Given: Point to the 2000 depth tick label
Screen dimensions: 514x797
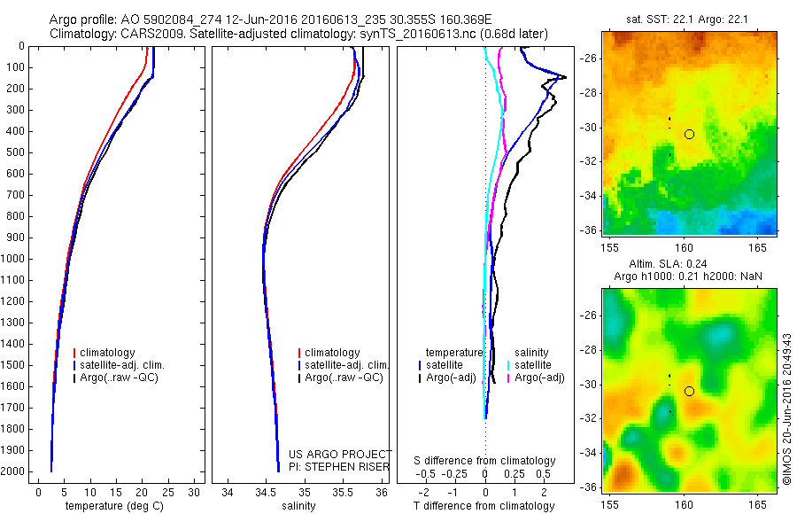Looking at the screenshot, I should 14,471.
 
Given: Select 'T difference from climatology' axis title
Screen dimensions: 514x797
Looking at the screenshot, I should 484,507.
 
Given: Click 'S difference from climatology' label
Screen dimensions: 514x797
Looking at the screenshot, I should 485,461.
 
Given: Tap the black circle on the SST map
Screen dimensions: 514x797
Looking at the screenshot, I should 689,134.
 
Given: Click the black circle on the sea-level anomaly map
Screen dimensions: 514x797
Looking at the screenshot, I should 689,391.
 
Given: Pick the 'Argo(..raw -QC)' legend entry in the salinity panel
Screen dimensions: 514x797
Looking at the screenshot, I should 344,378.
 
